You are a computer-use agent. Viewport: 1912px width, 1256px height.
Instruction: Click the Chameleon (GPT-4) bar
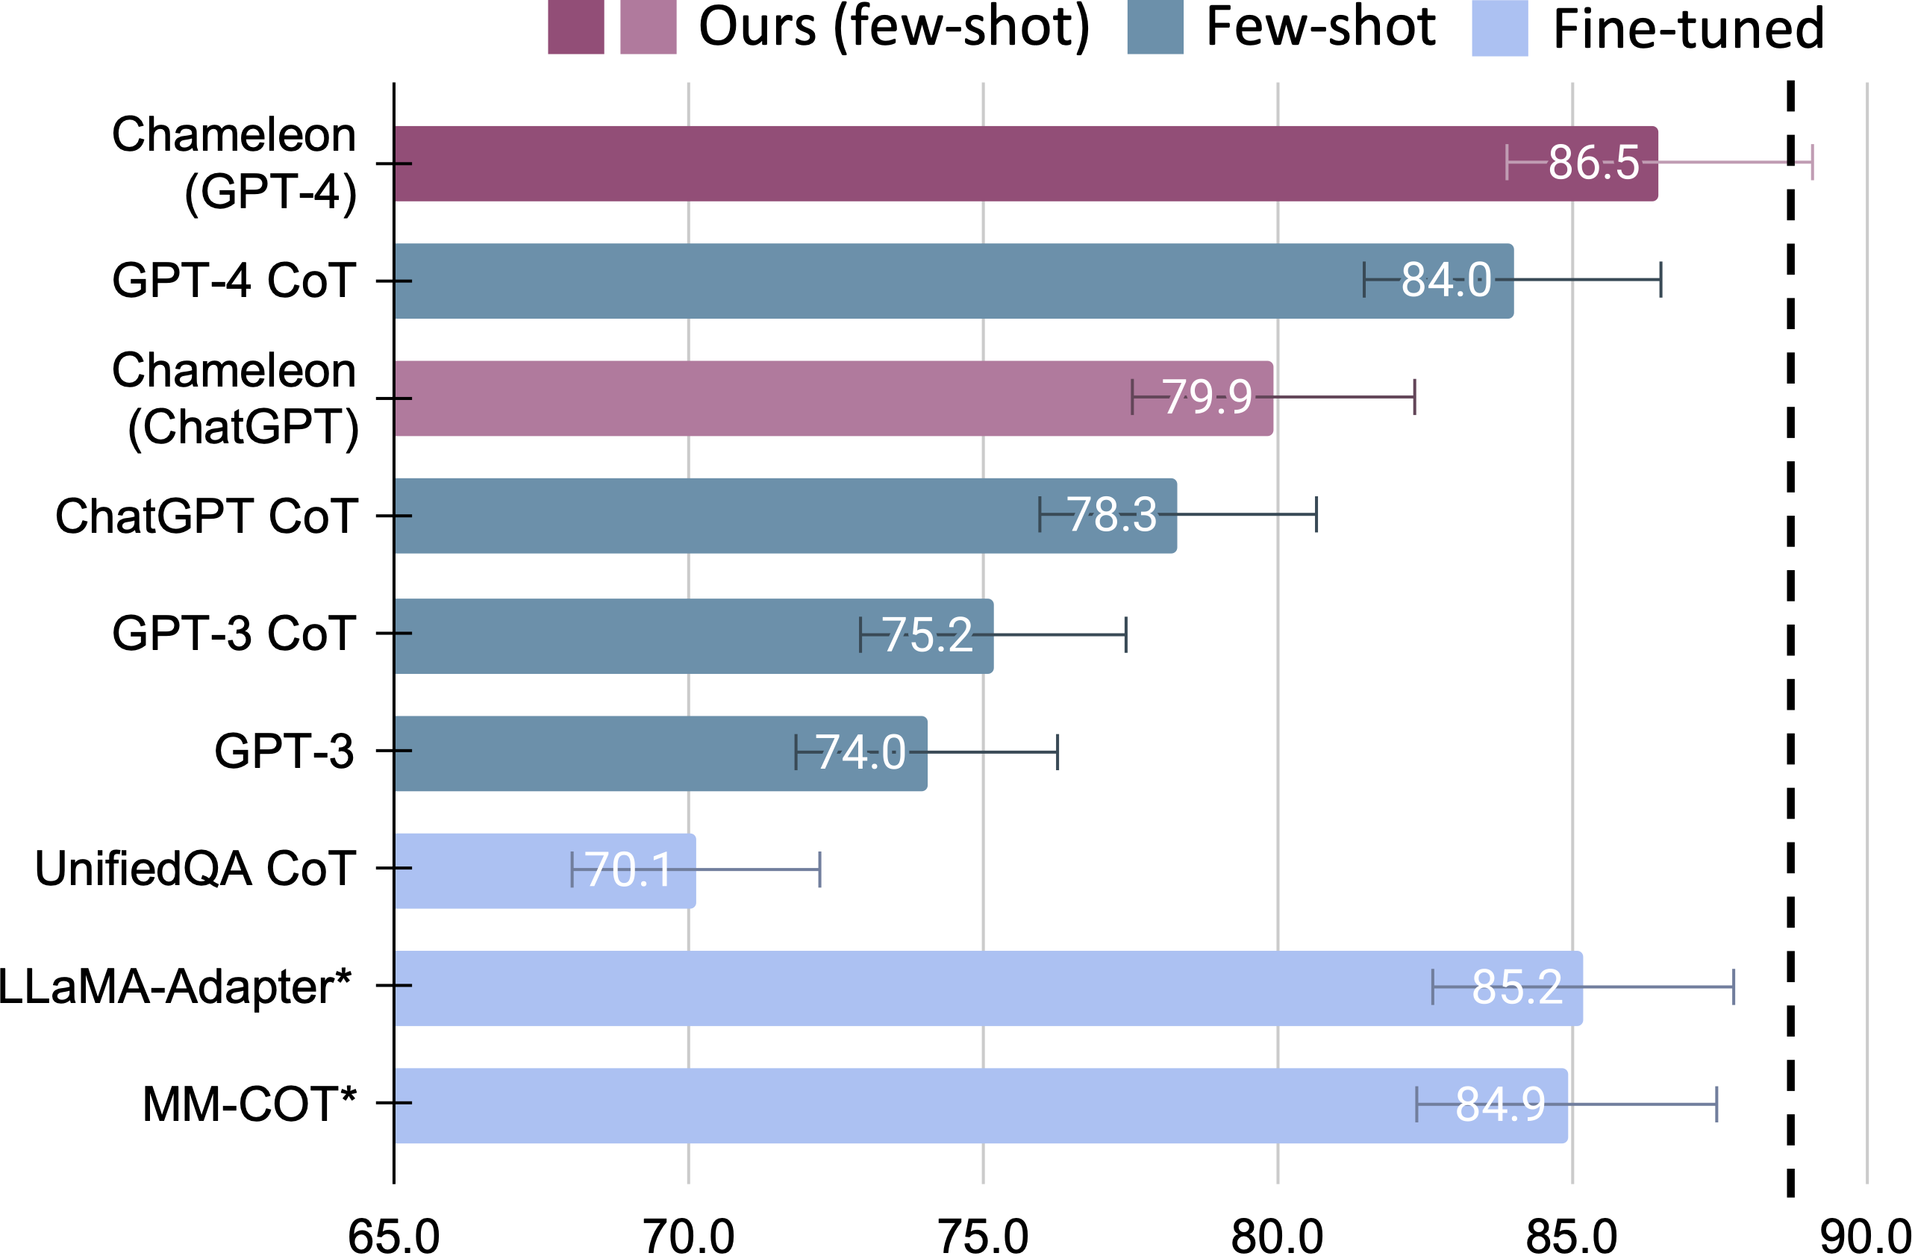(964, 163)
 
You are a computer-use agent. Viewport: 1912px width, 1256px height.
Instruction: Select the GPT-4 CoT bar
(884, 281)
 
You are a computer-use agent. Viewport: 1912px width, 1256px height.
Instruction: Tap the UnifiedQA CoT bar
(482, 870)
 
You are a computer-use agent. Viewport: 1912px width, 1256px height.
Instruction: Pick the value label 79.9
(1207, 397)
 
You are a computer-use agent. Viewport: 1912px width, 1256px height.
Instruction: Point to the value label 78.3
(1112, 514)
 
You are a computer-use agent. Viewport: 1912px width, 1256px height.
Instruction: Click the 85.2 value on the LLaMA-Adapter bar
(1516, 987)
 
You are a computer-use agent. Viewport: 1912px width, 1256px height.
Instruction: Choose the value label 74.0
(860, 752)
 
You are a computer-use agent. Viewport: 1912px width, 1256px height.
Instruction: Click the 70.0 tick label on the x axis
(690, 1236)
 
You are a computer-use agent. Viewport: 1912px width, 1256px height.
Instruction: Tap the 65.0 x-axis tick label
(393, 1236)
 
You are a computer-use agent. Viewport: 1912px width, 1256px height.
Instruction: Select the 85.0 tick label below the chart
(1572, 1236)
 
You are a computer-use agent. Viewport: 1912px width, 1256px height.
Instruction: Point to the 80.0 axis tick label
(1278, 1236)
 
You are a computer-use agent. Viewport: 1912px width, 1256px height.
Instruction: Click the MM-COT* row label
(249, 1103)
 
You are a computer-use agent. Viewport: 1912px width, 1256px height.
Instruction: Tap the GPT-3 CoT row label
(234, 633)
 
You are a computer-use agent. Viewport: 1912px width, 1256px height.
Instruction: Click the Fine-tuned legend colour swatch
(1499, 28)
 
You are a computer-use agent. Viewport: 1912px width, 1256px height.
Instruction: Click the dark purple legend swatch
(575, 28)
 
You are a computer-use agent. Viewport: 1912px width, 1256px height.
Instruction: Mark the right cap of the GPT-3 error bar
(1057, 752)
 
